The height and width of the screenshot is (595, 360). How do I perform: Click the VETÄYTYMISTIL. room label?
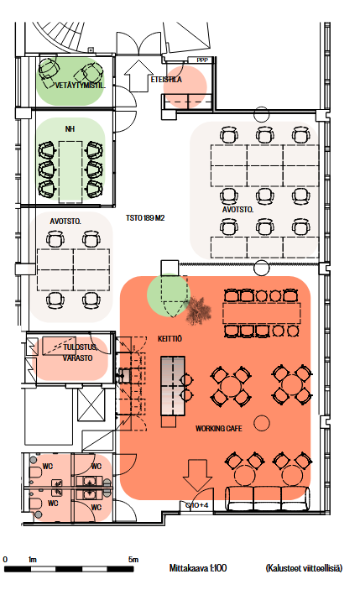(x=80, y=86)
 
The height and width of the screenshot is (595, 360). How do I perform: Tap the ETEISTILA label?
(x=166, y=80)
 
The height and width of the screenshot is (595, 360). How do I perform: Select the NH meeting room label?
(x=70, y=129)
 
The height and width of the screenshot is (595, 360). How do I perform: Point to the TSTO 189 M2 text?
(x=145, y=218)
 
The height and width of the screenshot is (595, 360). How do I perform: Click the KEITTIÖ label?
(x=170, y=339)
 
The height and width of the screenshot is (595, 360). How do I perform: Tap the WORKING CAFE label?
(x=219, y=428)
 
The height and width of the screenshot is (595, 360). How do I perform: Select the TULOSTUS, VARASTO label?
(x=79, y=352)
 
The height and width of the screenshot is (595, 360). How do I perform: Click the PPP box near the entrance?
(x=201, y=60)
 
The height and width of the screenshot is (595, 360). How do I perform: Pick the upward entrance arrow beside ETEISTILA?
(x=138, y=76)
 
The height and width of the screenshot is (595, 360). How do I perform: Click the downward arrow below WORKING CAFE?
(x=197, y=475)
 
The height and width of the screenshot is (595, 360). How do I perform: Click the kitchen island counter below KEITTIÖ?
(x=173, y=385)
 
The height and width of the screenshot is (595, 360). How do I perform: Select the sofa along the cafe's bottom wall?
(x=268, y=498)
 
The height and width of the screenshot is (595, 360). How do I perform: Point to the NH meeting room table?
(x=70, y=172)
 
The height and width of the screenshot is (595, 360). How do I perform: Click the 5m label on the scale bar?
(x=133, y=559)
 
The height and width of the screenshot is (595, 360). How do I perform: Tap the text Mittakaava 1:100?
(x=198, y=568)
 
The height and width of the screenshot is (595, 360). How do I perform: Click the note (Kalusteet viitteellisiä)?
(x=304, y=568)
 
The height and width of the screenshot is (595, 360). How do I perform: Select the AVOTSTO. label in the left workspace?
(x=65, y=222)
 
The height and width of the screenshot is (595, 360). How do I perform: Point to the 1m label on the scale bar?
(x=33, y=559)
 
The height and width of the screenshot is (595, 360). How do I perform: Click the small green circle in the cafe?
(x=168, y=294)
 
